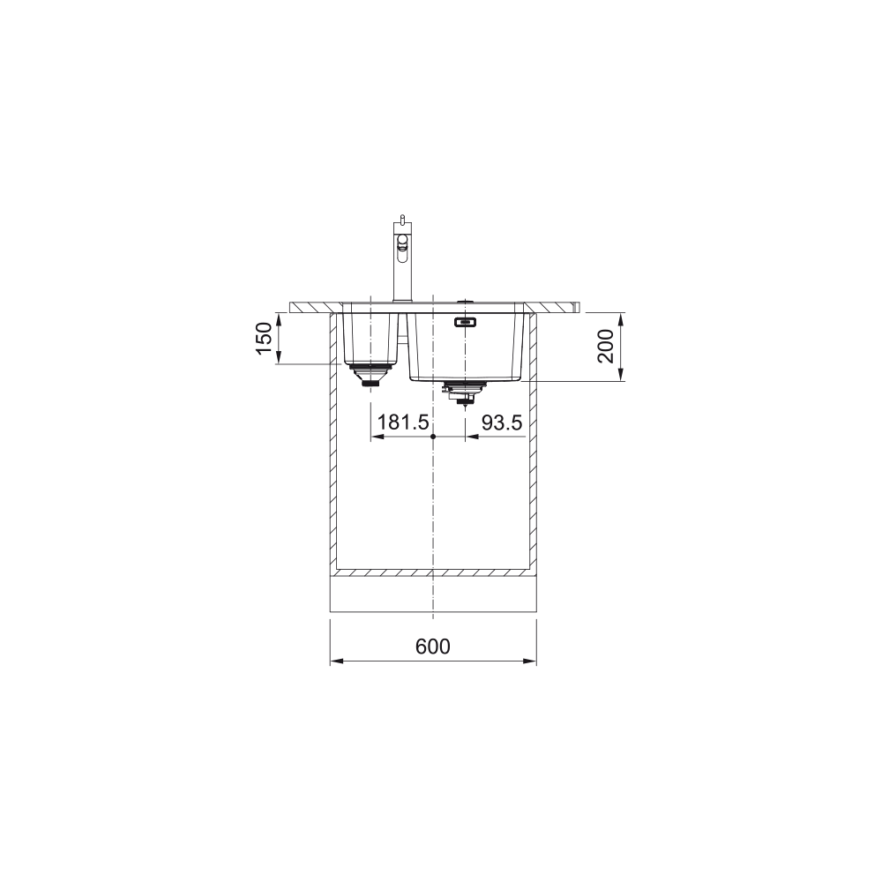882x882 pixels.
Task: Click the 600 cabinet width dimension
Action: (432, 647)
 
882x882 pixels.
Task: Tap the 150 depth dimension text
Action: (264, 338)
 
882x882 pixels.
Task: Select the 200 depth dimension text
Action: (606, 347)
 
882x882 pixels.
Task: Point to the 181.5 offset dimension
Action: (403, 422)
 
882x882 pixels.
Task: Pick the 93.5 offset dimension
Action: (502, 422)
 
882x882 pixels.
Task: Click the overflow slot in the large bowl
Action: (465, 322)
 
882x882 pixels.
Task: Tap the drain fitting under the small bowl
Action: (370, 374)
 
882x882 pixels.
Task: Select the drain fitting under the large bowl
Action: (465, 393)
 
